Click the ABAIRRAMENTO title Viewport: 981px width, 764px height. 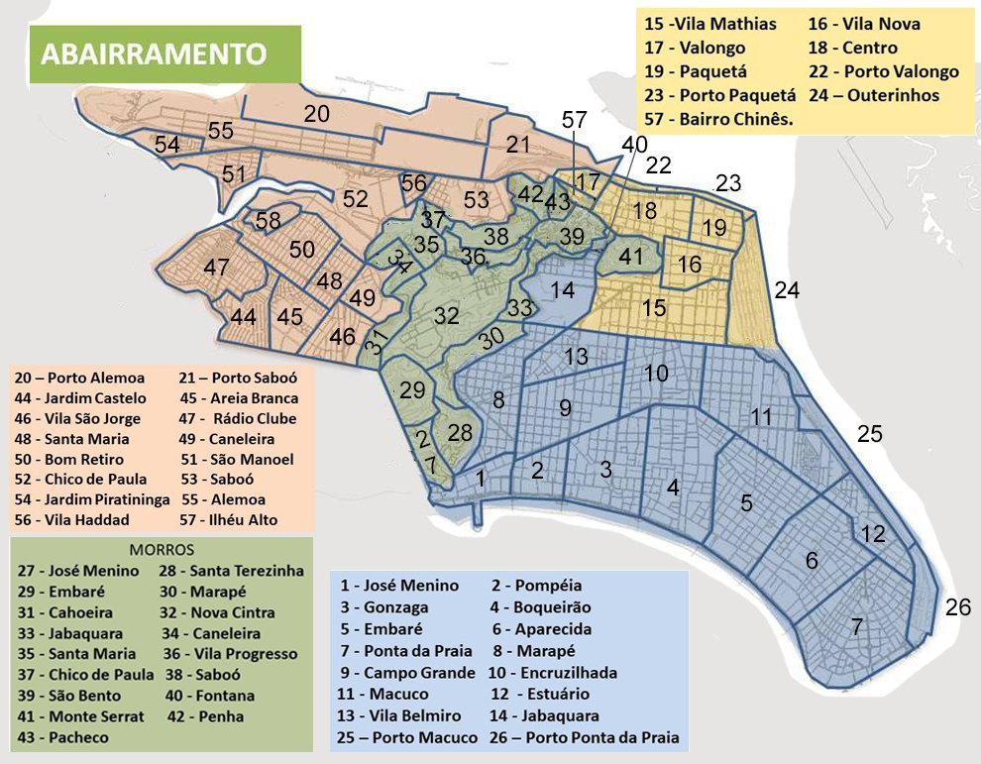pos(154,54)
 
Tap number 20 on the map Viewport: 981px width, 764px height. pos(317,115)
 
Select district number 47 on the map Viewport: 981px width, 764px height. pos(215,269)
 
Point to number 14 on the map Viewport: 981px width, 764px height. pos(562,290)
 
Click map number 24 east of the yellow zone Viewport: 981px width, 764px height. pos(787,290)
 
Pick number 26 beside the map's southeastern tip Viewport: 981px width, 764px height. pos(957,607)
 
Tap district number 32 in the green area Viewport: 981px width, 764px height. pos(446,316)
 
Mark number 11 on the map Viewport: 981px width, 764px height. pos(761,417)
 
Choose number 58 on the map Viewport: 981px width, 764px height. pos(268,221)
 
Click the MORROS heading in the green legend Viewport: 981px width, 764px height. pos(162,549)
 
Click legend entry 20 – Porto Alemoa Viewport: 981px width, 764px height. pos(80,378)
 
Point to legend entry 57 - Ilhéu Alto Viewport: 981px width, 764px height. pos(229,519)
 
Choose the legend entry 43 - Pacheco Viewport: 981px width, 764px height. pos(63,737)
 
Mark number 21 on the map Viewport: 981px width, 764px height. pos(519,145)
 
